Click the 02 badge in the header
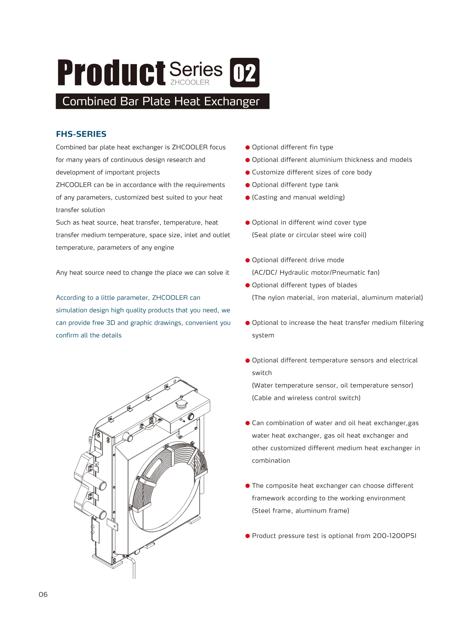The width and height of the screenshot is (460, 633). click(245, 72)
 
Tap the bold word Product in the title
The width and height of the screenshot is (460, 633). click(111, 73)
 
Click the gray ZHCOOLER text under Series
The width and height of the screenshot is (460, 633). click(190, 82)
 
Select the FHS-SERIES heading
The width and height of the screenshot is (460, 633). click(81, 134)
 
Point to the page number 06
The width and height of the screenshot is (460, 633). click(43, 594)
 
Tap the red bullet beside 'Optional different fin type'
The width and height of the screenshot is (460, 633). click(248, 148)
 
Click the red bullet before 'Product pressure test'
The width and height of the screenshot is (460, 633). click(248, 536)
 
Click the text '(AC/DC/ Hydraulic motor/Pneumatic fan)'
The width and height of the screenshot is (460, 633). click(316, 272)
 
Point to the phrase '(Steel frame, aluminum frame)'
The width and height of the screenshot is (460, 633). click(300, 511)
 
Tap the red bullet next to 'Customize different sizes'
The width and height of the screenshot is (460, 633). click(248, 173)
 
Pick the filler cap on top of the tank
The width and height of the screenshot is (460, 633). click(181, 404)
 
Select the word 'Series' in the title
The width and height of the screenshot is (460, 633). click(196, 69)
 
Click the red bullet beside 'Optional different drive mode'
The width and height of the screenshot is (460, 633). click(248, 260)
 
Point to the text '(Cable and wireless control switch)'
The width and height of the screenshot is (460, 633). click(306, 398)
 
